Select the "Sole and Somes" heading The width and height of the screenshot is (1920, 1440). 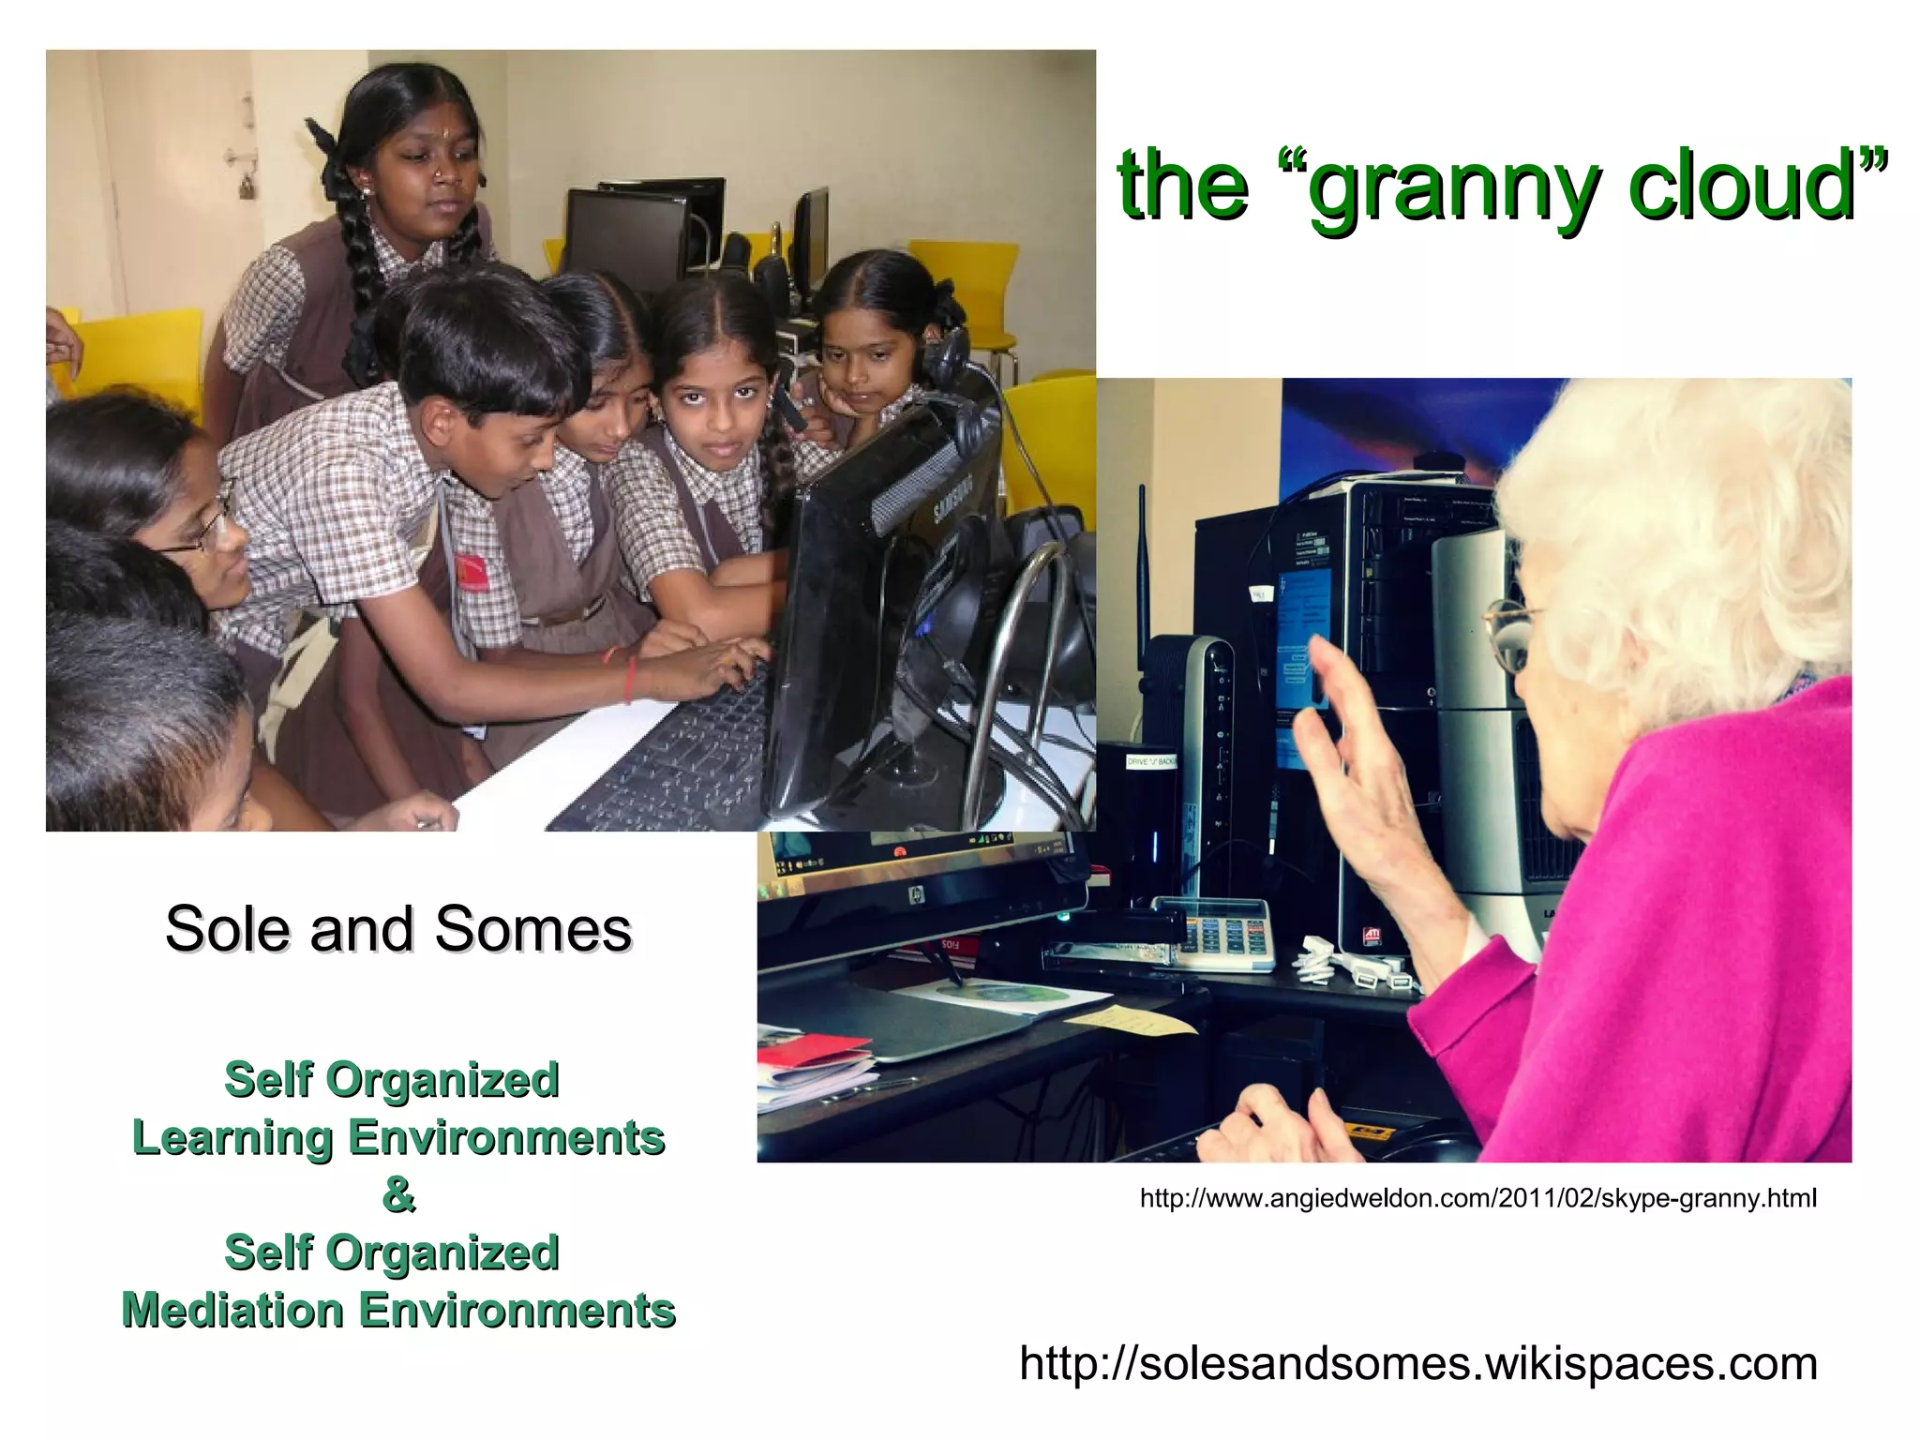click(x=398, y=929)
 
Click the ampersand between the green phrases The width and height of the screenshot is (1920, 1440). click(x=398, y=1194)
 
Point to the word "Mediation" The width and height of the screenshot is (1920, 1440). click(x=233, y=1310)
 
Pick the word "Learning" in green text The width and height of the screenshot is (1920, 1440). click(x=232, y=1137)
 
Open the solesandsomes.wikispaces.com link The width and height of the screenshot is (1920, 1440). click(x=1417, y=1362)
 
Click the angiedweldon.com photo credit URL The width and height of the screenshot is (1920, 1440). click(x=1477, y=1197)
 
